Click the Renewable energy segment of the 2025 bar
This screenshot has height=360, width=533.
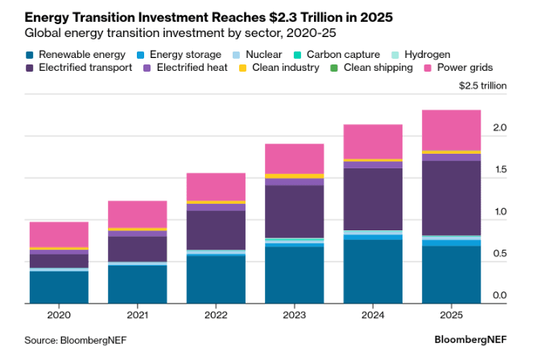pyautogui.click(x=452, y=274)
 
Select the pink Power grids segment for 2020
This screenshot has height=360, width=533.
pyautogui.click(x=59, y=234)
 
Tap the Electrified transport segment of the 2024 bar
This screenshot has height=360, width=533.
pyautogui.click(x=373, y=199)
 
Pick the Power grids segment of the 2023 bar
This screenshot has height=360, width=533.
pyautogui.click(x=295, y=158)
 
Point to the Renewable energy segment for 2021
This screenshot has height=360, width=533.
pyautogui.click(x=138, y=283)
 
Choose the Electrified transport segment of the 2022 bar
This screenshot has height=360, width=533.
pyautogui.click(x=216, y=230)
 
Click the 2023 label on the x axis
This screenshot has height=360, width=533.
pyautogui.click(x=295, y=315)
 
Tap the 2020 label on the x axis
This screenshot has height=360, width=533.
pyautogui.click(x=59, y=315)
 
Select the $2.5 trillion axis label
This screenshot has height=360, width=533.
pyautogui.click(x=483, y=85)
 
